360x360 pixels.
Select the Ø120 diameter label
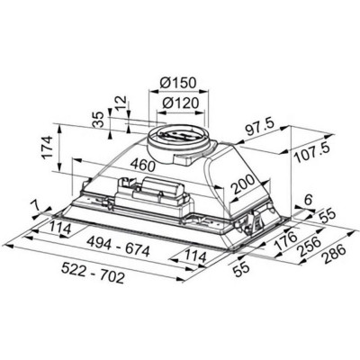183,103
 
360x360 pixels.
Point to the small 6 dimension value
307,201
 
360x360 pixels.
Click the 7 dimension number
36,209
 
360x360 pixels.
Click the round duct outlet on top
183,137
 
